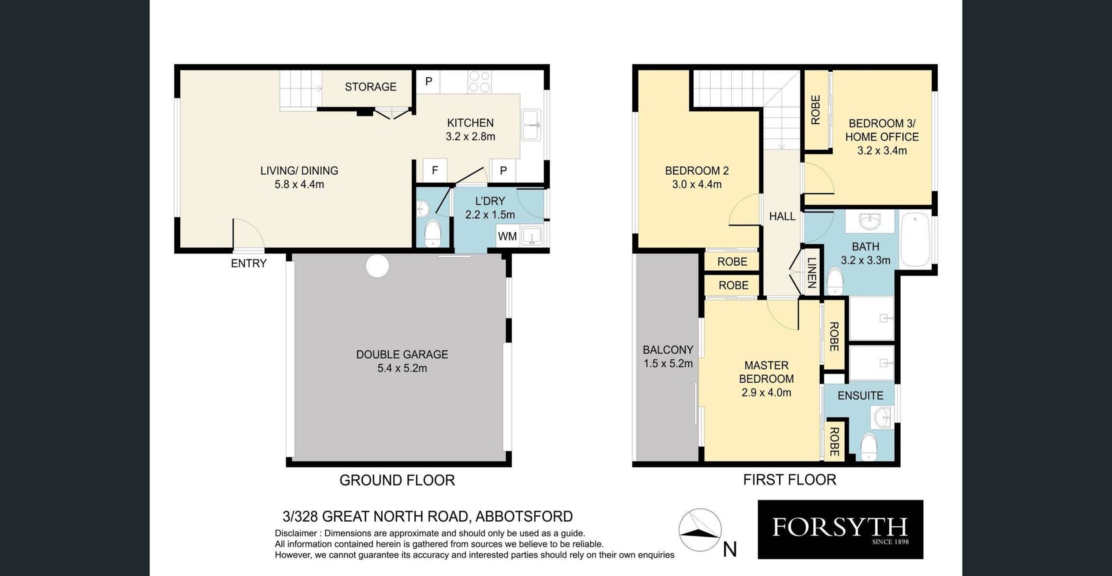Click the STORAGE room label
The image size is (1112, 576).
(x=371, y=87)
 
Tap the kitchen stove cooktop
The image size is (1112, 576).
(x=480, y=82)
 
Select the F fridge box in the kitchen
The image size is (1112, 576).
(x=435, y=170)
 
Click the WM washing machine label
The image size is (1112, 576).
(x=507, y=236)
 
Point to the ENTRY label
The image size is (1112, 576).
(x=248, y=264)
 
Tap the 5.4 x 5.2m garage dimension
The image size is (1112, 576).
(x=402, y=368)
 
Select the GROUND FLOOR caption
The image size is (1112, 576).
(x=397, y=480)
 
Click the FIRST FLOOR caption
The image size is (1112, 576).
(x=789, y=480)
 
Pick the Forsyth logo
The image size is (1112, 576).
(x=840, y=530)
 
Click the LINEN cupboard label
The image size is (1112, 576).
(x=811, y=273)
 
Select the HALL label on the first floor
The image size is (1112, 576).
(x=782, y=216)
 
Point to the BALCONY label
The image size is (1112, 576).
(x=668, y=350)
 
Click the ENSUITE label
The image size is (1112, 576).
(x=860, y=396)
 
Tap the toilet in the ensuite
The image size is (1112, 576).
(x=869, y=447)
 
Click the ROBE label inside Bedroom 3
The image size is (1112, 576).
(x=815, y=110)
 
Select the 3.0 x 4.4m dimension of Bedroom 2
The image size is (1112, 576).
(x=697, y=184)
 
